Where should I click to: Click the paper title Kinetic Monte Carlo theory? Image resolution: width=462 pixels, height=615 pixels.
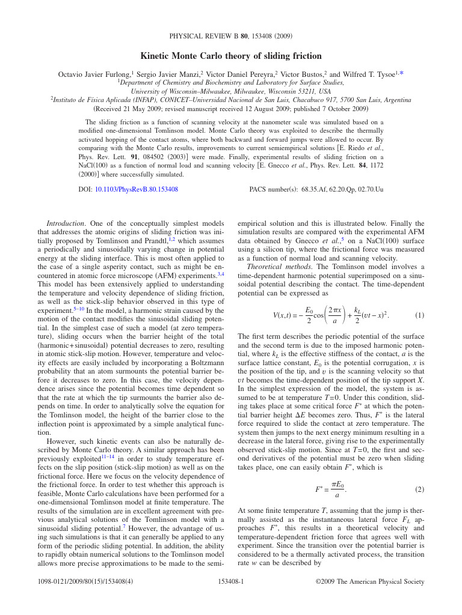231,56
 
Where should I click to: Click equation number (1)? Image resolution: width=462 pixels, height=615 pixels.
419,315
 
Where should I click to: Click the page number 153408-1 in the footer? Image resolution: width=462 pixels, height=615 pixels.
230,581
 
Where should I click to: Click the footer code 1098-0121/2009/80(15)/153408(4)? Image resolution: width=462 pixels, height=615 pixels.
85,581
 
